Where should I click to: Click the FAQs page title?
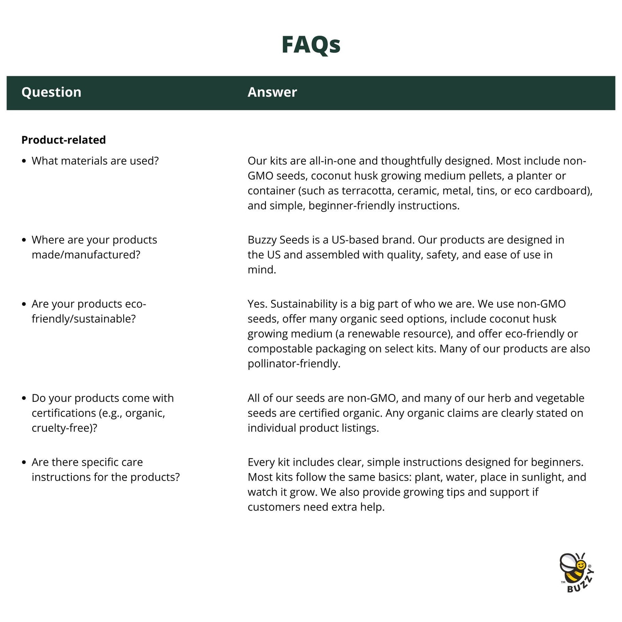coord(311,45)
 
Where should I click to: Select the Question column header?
coord(51,92)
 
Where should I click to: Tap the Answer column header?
coord(272,92)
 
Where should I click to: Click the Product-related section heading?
coord(63,140)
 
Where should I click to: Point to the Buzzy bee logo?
coord(577,572)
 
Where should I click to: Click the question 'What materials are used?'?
coord(95,161)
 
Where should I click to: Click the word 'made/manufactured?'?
coord(86,255)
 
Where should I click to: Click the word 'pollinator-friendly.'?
coord(294,364)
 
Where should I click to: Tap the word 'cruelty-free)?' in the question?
coord(64,428)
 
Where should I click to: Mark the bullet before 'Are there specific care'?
coord(24,462)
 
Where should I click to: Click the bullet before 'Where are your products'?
coord(24,240)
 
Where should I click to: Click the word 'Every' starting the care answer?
coord(261,462)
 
